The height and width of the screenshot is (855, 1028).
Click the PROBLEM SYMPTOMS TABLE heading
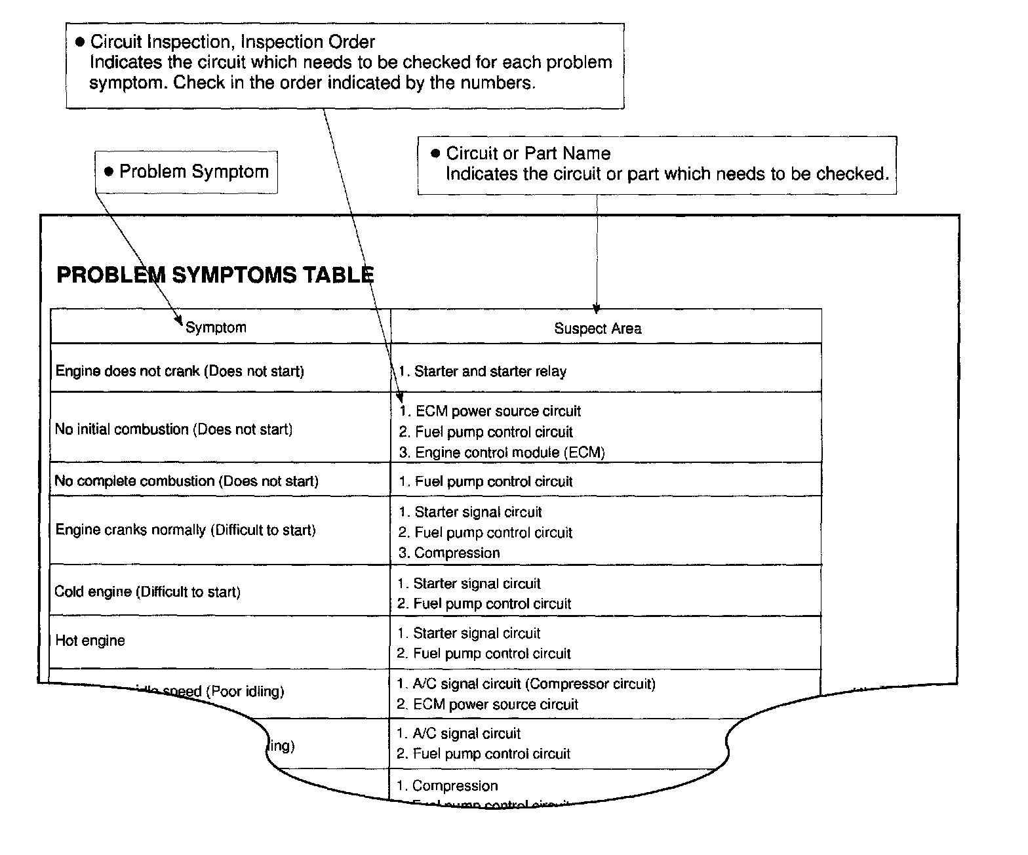pos(215,274)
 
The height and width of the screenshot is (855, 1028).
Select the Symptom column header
pos(216,327)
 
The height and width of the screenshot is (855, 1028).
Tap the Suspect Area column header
pos(597,328)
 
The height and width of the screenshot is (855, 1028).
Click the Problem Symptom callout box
pos(186,172)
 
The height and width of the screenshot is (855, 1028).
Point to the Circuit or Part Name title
pos(528,153)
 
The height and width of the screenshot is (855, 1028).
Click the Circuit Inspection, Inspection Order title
pos(232,42)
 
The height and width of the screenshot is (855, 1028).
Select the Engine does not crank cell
pos(180,371)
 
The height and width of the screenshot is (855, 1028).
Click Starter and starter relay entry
pos(483,372)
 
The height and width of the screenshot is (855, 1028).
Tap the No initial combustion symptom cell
pos(174,429)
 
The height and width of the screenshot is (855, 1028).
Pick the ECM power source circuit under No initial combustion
pos(490,411)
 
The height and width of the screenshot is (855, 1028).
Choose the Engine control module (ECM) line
pos(502,452)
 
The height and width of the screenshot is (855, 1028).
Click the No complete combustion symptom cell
pos(186,481)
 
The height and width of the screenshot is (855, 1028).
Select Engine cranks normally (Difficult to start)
pos(186,530)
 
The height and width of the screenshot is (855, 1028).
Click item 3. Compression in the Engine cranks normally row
pos(449,553)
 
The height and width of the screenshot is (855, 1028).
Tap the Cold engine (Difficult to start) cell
pos(148,592)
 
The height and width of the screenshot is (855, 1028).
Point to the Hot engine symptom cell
pos(90,641)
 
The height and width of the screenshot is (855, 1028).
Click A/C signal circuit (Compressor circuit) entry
pos(526,684)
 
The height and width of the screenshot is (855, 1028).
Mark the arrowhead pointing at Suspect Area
pos(596,309)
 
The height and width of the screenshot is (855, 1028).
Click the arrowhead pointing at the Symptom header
pos(178,321)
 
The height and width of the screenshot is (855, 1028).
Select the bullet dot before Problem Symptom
pos(109,172)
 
